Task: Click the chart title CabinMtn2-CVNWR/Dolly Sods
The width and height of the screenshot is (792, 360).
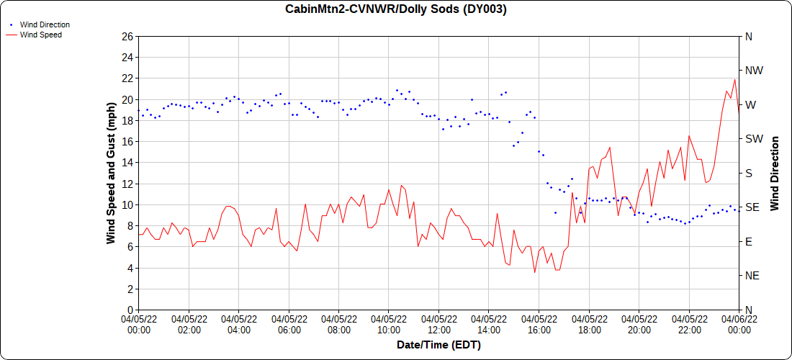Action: click(x=395, y=9)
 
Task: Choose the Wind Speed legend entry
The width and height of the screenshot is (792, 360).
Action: click(x=40, y=34)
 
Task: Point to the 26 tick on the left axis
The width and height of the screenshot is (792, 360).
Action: click(x=127, y=36)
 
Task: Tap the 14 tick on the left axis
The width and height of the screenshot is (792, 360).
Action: click(x=127, y=163)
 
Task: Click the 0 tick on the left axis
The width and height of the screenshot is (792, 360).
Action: click(x=130, y=310)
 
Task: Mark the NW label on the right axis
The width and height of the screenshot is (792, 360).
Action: click(x=754, y=71)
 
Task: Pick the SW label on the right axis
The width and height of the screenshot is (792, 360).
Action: click(x=753, y=139)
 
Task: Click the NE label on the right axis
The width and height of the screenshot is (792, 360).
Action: click(x=752, y=276)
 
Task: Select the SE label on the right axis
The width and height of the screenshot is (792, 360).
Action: click(x=752, y=207)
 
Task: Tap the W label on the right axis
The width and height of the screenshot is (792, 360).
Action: click(x=750, y=104)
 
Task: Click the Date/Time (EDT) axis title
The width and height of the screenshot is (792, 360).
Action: click(x=438, y=345)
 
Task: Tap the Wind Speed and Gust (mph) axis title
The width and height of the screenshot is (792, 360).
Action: click(x=111, y=173)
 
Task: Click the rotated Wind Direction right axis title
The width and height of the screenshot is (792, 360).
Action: click(x=775, y=173)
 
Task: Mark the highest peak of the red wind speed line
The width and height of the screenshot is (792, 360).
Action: click(x=734, y=79)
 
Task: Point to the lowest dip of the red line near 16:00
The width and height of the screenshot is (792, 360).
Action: click(x=535, y=272)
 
